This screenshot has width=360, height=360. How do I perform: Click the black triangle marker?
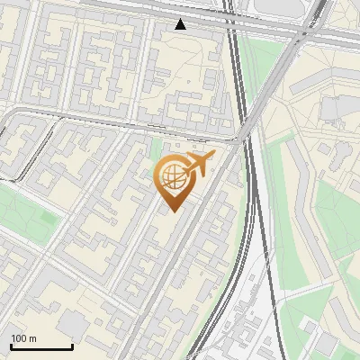pyautogui.click(x=181, y=24)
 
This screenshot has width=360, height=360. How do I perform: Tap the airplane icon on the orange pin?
pyautogui.click(x=200, y=163)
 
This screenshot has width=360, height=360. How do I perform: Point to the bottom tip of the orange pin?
pyautogui.click(x=173, y=211)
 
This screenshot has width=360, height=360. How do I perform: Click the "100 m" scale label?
pyautogui.click(x=23, y=338)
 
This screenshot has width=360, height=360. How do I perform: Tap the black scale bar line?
pyautogui.click(x=41, y=346)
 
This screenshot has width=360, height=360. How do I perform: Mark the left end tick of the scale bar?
pyautogui.click(x=11, y=345)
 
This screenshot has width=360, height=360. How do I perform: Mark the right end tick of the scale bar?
pyautogui.click(x=72, y=345)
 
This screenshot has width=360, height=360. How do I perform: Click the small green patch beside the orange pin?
pyautogui.click(x=155, y=149)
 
